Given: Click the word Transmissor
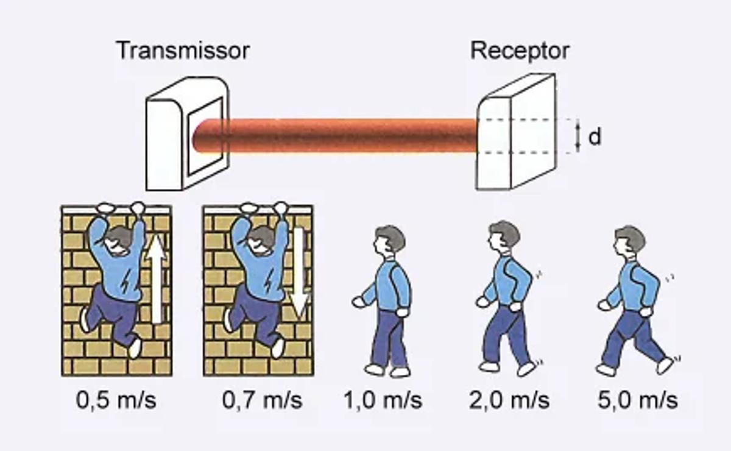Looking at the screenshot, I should coord(183,50).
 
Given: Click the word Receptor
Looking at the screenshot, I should coord(520,50).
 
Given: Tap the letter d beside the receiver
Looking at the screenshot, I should coord(595,137).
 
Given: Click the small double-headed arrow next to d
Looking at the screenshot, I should coord(577,136).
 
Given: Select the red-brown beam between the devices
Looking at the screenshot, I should coord(341,135).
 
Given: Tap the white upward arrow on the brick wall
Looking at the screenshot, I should coord(157,277).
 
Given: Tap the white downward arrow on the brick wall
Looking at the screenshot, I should coord(298,271).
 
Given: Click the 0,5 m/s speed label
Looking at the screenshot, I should coord(116,400).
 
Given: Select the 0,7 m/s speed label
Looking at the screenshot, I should coord(262,400).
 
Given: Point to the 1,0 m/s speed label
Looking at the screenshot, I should coord(383,400).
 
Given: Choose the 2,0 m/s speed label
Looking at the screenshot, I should coord(509,400).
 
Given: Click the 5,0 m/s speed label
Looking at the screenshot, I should coord(638,400).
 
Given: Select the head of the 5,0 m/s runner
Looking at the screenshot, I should coord(629,240).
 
